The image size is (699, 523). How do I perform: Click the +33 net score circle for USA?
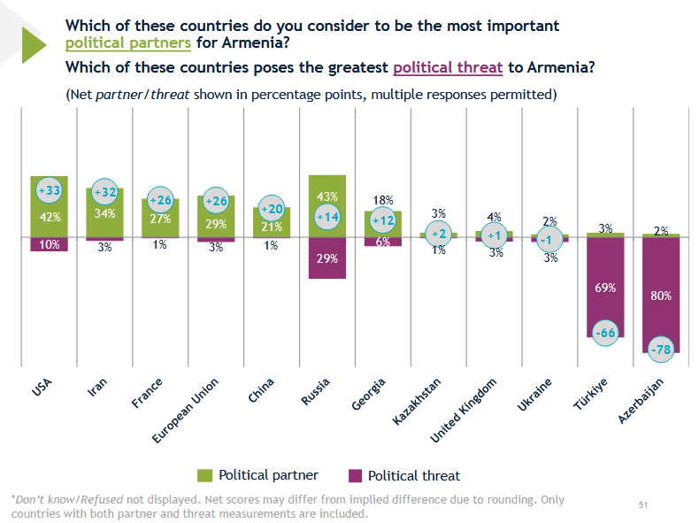pos(49,190)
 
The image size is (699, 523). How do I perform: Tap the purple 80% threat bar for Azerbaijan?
pos(661,296)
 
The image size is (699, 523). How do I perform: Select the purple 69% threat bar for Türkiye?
pos(605,287)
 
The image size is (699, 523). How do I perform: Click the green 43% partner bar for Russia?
pos(327,206)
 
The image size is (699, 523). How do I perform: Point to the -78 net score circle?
pos(661,350)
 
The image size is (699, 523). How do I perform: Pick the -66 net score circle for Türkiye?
pos(605,333)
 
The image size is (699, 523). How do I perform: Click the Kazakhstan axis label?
pos(417,401)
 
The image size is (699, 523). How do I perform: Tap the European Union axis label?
pos(185,411)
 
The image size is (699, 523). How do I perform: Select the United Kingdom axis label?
pos(463,411)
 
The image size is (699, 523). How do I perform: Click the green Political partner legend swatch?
pos(204,475)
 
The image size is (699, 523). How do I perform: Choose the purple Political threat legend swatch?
pos(355,475)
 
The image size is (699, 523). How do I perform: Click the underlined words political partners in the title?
pos(128,43)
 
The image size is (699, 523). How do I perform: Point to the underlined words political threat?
pos(448,68)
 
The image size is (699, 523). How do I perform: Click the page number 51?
pos(643,504)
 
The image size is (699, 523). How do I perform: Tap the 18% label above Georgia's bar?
pos(383,200)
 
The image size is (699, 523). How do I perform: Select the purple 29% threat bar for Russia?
pos(327,258)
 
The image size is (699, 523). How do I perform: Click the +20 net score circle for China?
pos(272,208)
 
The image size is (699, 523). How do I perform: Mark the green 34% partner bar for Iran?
pos(104,212)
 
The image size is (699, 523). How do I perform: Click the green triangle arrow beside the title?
pos(34,44)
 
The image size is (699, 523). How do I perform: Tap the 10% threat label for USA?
pos(49,244)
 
